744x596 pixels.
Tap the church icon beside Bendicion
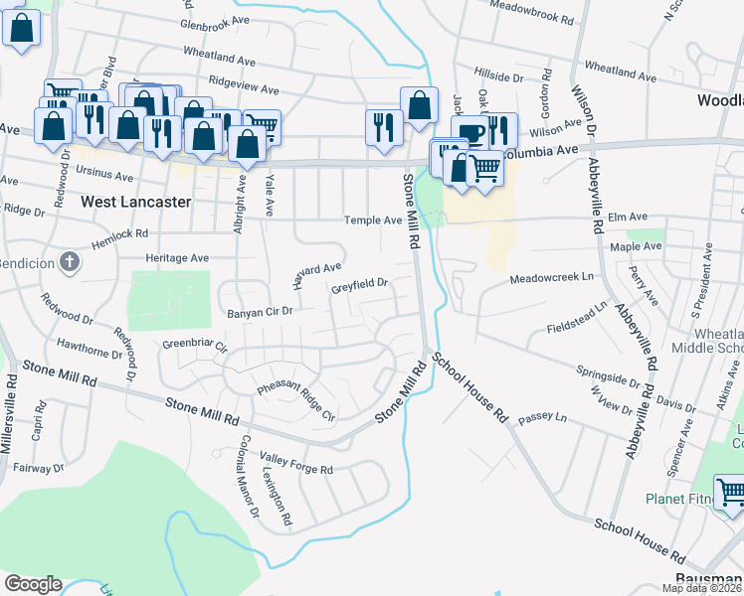click(68, 262)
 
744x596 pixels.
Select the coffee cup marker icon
click(471, 133)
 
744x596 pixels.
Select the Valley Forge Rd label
click(295, 463)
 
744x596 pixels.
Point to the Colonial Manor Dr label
click(247, 484)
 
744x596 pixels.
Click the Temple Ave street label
click(371, 221)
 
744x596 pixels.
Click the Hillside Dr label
click(498, 76)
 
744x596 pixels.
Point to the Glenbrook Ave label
click(216, 22)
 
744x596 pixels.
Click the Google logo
click(33, 584)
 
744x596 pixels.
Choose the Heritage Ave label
click(177, 258)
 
